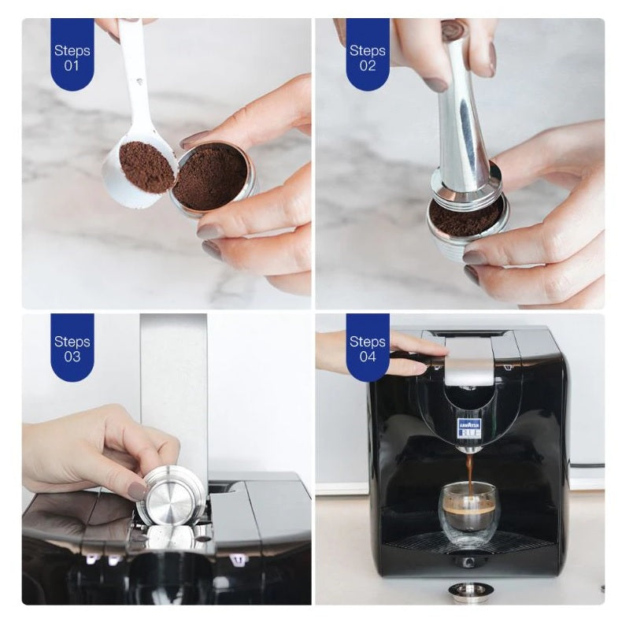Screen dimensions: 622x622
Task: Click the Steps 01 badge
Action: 72,55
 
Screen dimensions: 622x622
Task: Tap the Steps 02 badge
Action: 368,55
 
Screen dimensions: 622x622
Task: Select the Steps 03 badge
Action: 72,347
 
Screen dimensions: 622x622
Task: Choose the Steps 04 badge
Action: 368,347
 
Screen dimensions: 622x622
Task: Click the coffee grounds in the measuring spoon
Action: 146,166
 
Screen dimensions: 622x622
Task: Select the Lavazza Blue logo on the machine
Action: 469,428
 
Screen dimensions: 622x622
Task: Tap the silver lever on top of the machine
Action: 469,363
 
